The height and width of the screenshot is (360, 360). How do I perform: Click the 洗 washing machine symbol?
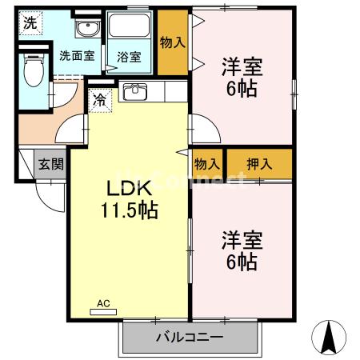click(29, 23)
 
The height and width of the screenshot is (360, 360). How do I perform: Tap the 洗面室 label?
click(77, 57)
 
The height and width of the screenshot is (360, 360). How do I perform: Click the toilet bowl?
click(33, 73)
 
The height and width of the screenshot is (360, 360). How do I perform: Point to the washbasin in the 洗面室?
click(85, 30)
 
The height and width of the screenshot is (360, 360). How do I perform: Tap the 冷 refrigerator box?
click(100, 101)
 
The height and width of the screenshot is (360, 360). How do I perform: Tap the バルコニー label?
click(188, 338)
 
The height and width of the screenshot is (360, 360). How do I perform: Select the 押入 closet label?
click(258, 164)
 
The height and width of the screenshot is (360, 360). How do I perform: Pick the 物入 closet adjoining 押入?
click(207, 164)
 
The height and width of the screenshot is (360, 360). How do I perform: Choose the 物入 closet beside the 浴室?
click(173, 42)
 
